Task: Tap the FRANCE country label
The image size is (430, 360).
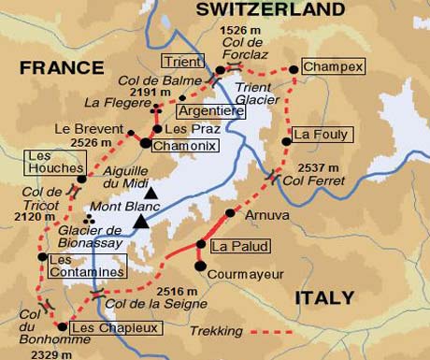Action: (x=62, y=67)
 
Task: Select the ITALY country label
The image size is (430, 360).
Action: (x=324, y=298)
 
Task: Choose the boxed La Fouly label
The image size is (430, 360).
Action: (x=314, y=135)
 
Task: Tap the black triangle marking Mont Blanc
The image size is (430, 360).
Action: (x=140, y=221)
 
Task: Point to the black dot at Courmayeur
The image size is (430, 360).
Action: (x=200, y=266)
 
